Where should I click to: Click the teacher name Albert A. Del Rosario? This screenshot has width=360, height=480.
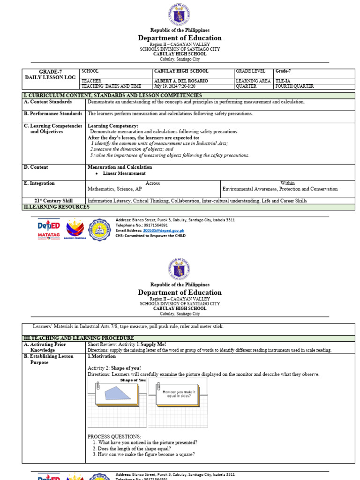click(x=180, y=81)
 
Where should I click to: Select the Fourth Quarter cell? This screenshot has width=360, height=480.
click(x=294, y=86)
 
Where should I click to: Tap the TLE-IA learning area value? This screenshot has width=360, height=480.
click(x=284, y=81)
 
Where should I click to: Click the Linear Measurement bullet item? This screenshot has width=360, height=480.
click(x=124, y=173)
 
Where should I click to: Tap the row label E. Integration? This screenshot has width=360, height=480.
click(x=42, y=183)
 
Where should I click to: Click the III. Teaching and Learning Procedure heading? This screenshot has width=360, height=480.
click(x=79, y=338)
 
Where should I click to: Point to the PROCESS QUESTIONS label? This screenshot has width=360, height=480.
click(x=114, y=436)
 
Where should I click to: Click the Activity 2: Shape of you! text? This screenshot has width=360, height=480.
click(x=114, y=368)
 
